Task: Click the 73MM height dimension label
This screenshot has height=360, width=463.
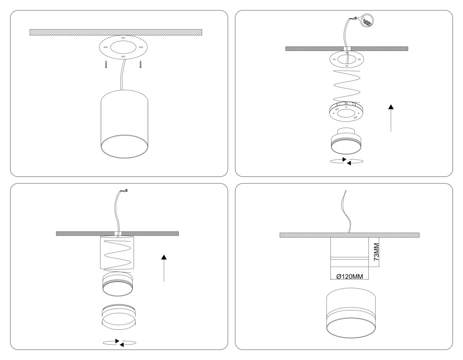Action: click(x=377, y=252)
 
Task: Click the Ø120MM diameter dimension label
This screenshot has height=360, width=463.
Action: click(x=350, y=277)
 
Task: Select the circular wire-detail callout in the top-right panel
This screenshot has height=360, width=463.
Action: click(x=368, y=21)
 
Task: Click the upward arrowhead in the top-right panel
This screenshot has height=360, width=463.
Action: click(x=391, y=107)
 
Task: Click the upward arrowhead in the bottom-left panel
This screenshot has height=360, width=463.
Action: click(x=164, y=257)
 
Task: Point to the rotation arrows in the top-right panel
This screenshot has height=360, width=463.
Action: click(x=346, y=161)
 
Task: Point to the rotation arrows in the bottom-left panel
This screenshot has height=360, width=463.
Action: click(x=119, y=343)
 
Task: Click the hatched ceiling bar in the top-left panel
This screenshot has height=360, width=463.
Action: click(x=116, y=32)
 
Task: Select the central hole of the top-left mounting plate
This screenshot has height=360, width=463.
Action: click(x=123, y=47)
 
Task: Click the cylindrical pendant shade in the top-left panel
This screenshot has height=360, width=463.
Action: click(x=124, y=124)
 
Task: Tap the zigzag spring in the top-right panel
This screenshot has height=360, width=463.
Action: click(x=346, y=86)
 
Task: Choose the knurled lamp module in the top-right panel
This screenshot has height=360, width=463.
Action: click(x=346, y=141)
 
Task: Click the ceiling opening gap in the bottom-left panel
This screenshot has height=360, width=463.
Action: click(x=118, y=233)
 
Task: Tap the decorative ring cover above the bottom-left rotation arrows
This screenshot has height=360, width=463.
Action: click(x=119, y=318)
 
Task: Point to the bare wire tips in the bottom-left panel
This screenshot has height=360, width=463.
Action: click(x=126, y=190)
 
